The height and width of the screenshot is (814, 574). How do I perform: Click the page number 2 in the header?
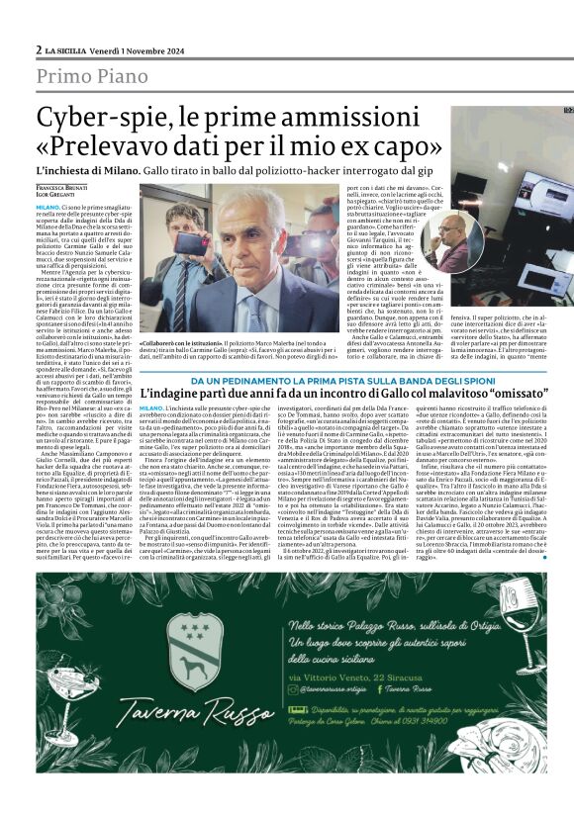[39, 50]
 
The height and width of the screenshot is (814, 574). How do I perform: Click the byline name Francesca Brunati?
[62, 187]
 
